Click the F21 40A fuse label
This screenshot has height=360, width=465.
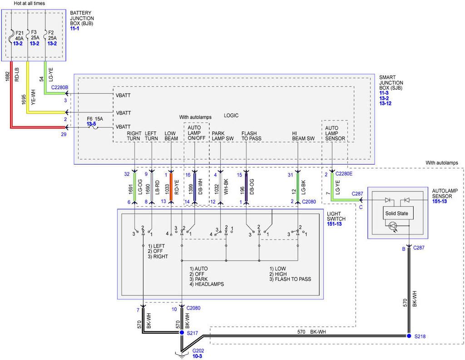coord(19,35)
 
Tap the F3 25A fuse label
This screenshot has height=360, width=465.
coord(35,35)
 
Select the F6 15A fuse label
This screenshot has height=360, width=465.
coord(95,119)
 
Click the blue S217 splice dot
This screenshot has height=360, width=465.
coord(182,333)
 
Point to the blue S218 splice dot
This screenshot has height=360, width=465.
coord(409,335)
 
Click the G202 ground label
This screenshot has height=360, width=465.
coord(198,350)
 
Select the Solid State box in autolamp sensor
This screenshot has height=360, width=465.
coord(396,213)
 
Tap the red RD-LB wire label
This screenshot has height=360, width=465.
coord(17,74)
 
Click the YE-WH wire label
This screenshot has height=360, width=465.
coord(33,97)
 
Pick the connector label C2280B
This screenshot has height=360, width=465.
coord(59,88)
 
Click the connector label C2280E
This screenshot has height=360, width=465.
coord(344,174)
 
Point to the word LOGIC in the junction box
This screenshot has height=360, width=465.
coord(231,115)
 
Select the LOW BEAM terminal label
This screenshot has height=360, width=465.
coord(171,136)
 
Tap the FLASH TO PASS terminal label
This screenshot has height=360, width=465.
coord(251,136)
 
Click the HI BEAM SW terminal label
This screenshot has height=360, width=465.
coord(303,136)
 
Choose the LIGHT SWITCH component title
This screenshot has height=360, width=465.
coord(336,216)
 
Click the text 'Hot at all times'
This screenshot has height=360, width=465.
coord(30,3)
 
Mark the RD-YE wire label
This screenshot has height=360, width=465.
coord(177,187)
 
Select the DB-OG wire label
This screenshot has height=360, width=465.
coord(252,187)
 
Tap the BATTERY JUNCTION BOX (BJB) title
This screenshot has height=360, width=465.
coord(82,18)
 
